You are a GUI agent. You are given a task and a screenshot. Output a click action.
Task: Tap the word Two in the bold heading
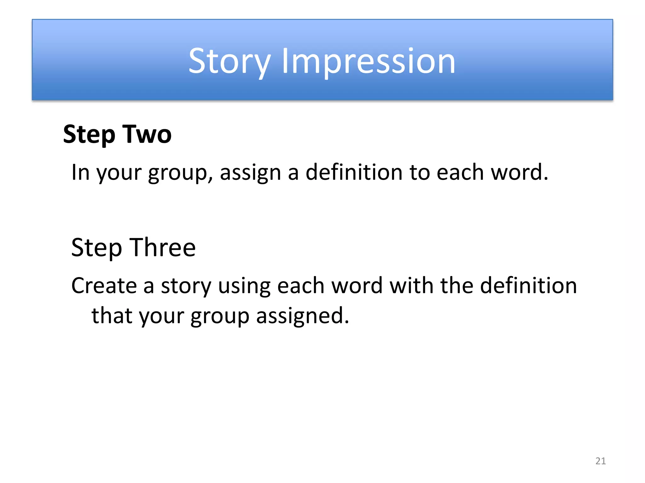pyautogui.click(x=147, y=134)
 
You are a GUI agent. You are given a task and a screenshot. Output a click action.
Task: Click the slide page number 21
pyautogui.click(x=600, y=461)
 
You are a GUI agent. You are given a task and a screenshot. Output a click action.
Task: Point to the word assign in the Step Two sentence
pyautogui.click(x=250, y=173)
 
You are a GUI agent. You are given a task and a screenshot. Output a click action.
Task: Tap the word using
pyautogui.click(x=244, y=286)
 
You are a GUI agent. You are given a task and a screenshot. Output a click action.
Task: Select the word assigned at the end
pyautogui.click(x=302, y=316)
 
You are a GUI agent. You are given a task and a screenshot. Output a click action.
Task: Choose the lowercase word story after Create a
pyautogui.click(x=186, y=286)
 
